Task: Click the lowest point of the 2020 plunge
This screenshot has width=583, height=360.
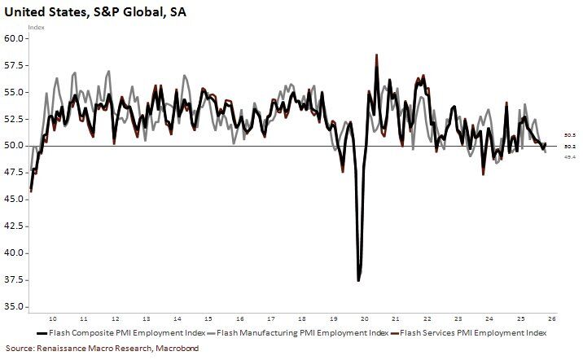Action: click(359, 280)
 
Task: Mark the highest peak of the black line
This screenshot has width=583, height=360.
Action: click(376, 56)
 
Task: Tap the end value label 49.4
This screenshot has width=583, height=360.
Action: click(570, 156)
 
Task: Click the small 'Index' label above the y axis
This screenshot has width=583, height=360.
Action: click(36, 27)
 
